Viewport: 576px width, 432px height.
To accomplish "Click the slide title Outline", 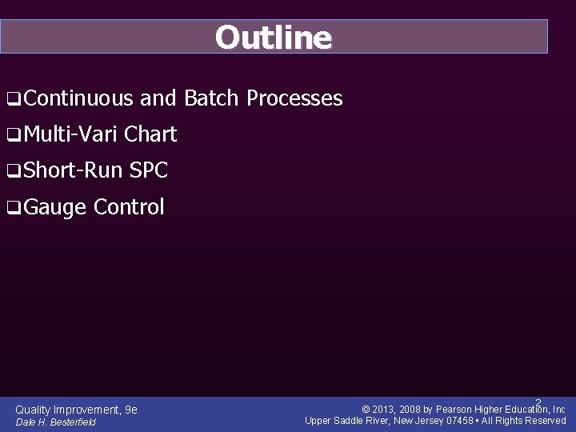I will click(x=273, y=38).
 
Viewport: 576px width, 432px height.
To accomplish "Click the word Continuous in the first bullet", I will click(x=78, y=98).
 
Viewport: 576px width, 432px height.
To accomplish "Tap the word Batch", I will click(x=211, y=98).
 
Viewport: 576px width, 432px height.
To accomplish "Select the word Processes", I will click(x=294, y=98).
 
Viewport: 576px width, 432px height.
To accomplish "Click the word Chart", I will click(x=150, y=134).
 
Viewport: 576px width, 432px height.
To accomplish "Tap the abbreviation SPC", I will click(x=149, y=170).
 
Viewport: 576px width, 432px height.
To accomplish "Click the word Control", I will click(x=129, y=207).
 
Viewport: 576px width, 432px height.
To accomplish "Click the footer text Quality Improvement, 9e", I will click(x=76, y=410).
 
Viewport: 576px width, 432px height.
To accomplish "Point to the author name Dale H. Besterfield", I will click(x=55, y=422).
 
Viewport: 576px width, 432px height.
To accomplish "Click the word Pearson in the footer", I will click(x=454, y=410).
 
